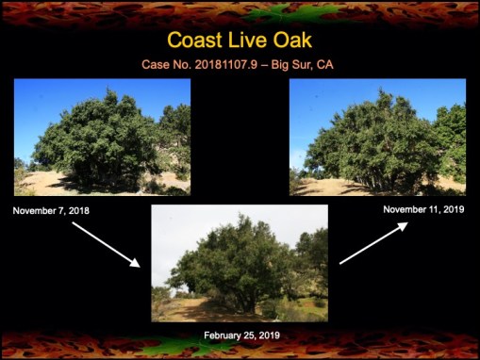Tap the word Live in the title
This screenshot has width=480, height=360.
247,41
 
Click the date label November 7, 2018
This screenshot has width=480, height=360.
52,210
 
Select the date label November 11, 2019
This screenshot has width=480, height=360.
424,208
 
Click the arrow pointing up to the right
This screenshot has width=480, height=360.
373,242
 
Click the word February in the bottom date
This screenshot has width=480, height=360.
223,335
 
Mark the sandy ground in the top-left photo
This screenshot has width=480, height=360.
42,184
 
